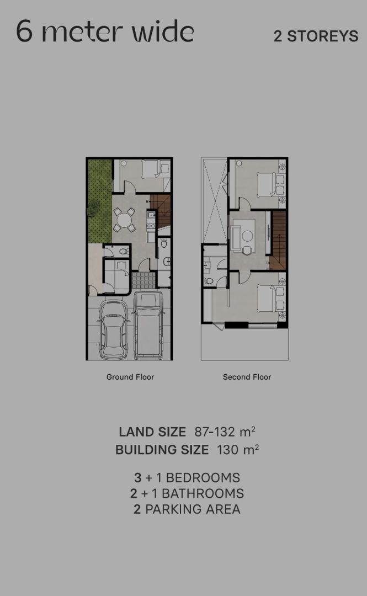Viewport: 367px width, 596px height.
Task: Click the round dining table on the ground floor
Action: coord(124,220)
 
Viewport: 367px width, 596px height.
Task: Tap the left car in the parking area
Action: coord(113,329)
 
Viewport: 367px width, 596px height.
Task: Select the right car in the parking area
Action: coord(148,326)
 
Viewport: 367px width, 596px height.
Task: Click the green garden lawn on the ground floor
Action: coord(100,201)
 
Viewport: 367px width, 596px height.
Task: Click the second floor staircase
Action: coord(279,240)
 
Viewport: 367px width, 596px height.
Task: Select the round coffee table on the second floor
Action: coord(247,236)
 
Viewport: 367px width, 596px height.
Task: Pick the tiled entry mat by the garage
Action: coord(143,280)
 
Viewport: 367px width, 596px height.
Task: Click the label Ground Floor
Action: coord(130,377)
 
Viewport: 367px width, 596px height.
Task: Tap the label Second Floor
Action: coord(247,377)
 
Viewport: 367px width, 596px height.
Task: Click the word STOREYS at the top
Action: coord(322,36)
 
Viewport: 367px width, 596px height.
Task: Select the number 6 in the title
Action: coord(24,31)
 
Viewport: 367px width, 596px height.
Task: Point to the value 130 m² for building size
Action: coord(238,449)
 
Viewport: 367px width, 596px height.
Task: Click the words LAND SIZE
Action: coord(152,432)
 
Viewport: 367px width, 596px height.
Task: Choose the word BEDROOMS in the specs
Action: coord(203,477)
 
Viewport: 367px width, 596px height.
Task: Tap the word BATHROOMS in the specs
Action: coord(203,493)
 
